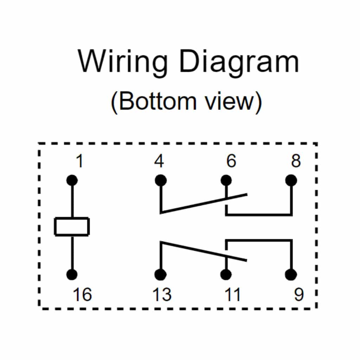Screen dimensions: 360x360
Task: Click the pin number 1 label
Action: coord(80,162)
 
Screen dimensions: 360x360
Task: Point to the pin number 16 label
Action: coord(82,295)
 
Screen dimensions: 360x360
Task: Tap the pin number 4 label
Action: coord(159,162)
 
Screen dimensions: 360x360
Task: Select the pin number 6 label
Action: coord(231,162)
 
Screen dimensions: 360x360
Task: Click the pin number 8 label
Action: coord(296,162)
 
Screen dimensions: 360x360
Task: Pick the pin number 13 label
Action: coord(162,295)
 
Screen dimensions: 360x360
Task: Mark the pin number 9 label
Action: coord(298,295)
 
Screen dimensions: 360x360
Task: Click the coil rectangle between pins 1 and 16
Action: coord(72,227)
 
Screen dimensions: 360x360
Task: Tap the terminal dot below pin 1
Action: coord(72,180)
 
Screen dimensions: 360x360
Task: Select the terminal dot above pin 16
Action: coord(72,274)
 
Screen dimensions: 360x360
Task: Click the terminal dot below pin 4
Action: coord(161,180)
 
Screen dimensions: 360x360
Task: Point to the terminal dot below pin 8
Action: coord(291,180)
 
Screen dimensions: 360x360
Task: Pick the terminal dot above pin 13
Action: coord(161,274)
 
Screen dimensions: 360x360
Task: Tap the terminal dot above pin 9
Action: coord(291,274)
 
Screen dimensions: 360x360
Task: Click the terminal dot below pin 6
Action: coord(226,180)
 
